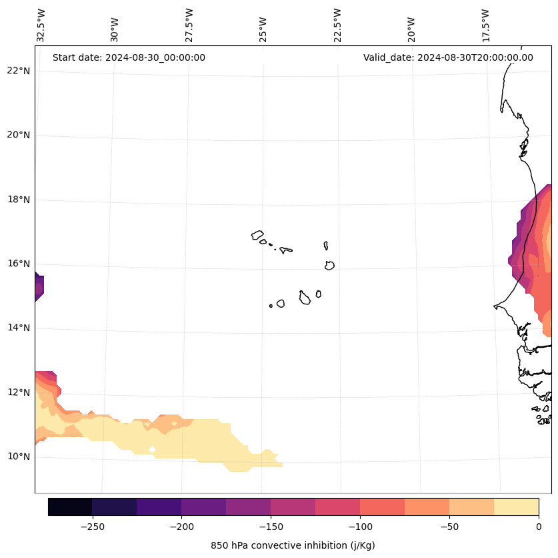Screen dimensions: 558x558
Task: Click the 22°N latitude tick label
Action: [x=18, y=71]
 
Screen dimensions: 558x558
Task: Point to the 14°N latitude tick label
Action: [x=18, y=328]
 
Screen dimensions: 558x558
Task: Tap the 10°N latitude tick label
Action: [x=18, y=457]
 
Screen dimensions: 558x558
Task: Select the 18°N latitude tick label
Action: [x=18, y=200]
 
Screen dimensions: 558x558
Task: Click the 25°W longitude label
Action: [x=263, y=25]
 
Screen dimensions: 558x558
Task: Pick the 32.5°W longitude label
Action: [x=41, y=25]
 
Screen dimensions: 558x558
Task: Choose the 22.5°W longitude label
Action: [x=337, y=25]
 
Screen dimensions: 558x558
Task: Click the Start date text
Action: [x=129, y=57]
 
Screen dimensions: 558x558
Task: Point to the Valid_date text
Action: [x=448, y=57]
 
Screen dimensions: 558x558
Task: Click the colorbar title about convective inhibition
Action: [x=293, y=545]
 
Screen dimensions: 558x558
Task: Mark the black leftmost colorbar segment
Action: [x=70, y=507]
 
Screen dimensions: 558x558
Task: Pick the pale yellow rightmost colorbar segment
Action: [x=516, y=507]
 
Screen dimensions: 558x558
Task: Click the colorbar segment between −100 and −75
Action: [x=382, y=507]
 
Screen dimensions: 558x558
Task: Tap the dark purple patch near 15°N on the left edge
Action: [x=39, y=288]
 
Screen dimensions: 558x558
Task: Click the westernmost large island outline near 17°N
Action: [x=257, y=235]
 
